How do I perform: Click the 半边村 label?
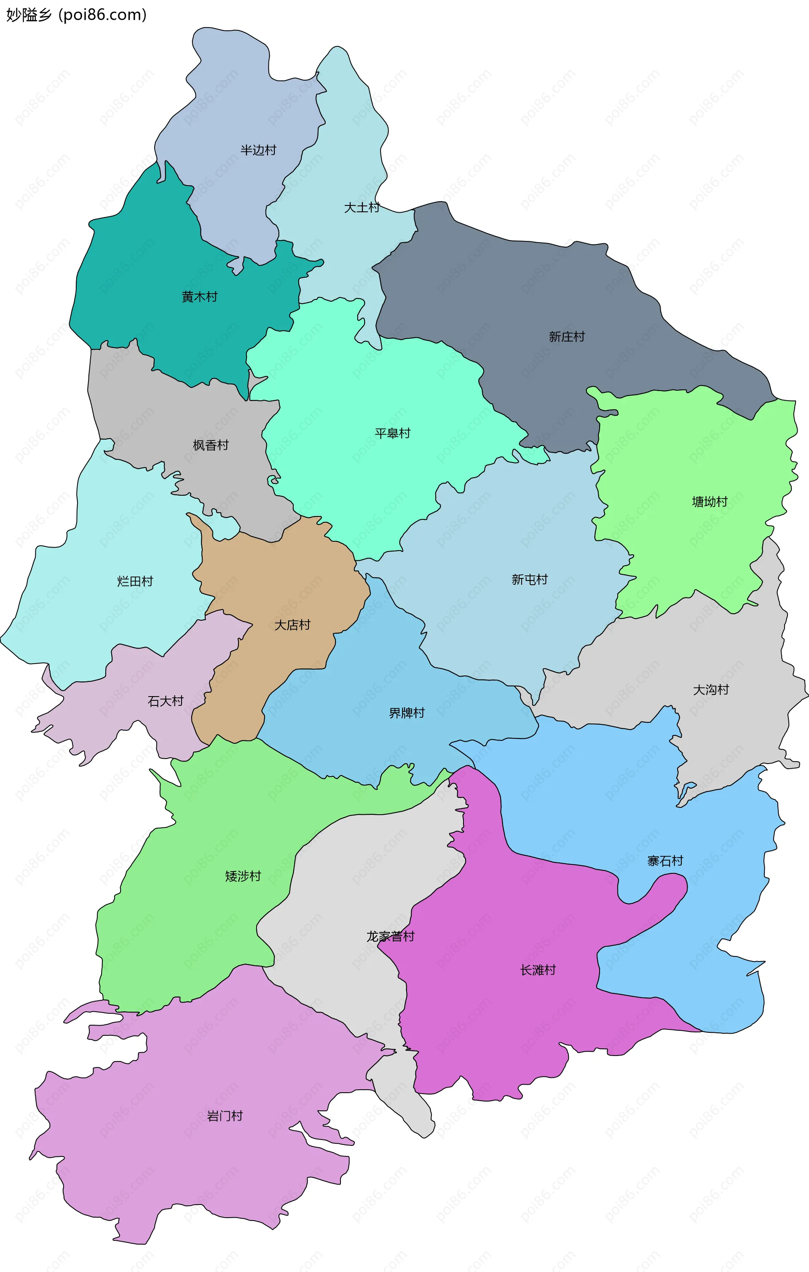tap(258, 151)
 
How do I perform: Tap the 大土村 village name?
tap(362, 208)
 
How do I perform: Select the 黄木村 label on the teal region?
tap(199, 297)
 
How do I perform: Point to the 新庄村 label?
tap(567, 337)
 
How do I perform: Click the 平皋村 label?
tap(392, 434)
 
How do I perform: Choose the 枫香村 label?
tap(211, 446)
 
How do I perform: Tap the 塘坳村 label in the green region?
tap(709, 502)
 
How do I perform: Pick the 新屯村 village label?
tap(529, 580)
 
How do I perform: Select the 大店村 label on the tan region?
tap(292, 625)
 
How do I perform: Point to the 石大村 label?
tap(165, 702)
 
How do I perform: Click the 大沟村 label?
tap(710, 690)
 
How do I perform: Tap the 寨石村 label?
tap(665, 862)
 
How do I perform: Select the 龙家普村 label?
tap(391, 937)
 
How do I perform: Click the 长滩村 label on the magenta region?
tap(538, 970)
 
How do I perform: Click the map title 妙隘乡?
tap(29, 15)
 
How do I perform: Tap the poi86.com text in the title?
tap(102, 15)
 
